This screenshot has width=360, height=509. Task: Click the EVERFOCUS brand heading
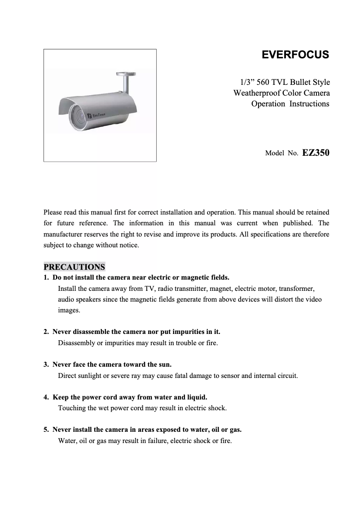tap(295, 55)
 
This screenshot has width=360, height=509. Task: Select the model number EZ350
tap(316, 153)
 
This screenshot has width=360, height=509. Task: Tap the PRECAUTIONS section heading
tap(74, 267)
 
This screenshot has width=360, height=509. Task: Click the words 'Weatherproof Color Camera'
tap(281, 93)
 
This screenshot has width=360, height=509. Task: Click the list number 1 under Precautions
tap(46, 277)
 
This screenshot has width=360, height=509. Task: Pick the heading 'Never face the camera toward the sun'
tap(112, 364)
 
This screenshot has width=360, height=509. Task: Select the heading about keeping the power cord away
tap(130, 397)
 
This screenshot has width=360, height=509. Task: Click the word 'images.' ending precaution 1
tap(69, 310)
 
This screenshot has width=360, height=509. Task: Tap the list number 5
tap(46, 430)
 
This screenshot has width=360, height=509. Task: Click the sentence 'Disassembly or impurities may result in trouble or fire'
tap(138, 343)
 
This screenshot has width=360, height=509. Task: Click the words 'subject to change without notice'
tap(92, 246)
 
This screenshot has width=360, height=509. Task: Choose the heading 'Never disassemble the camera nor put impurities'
tap(136, 332)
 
